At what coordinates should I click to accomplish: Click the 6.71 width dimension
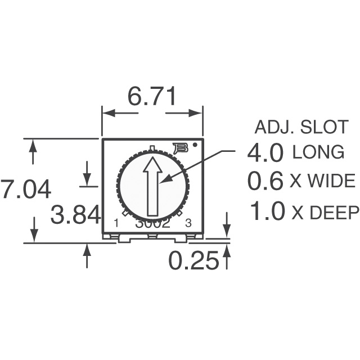pyautogui.click(x=152, y=96)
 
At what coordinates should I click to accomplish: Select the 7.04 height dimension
pyautogui.click(x=26, y=189)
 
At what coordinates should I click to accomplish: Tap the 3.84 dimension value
pyautogui.click(x=75, y=215)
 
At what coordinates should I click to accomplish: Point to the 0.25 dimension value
pyautogui.click(x=193, y=260)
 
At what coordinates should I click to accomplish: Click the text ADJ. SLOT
pyautogui.click(x=301, y=128)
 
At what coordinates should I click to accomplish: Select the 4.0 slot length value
pyautogui.click(x=266, y=152)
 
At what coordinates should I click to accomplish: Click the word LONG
pyautogui.click(x=318, y=152)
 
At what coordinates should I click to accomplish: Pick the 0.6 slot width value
pyautogui.click(x=266, y=181)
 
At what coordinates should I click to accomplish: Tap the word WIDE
pyautogui.click(x=332, y=182)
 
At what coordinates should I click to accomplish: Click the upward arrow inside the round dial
pyautogui.click(x=152, y=186)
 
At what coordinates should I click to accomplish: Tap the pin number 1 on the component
pyautogui.click(x=116, y=223)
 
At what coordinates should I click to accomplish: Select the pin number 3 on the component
pyautogui.click(x=188, y=223)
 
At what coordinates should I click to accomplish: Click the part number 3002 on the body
pyautogui.click(x=152, y=223)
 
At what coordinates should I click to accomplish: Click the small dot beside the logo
pyautogui.click(x=195, y=145)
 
